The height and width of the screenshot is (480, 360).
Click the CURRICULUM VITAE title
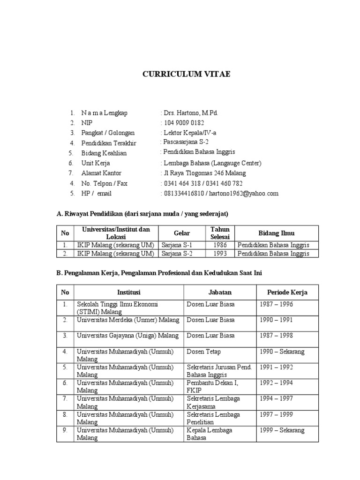pos(187,74)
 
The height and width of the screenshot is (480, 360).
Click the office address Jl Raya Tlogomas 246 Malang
pos(204,173)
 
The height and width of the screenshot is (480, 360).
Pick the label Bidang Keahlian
pos(104,153)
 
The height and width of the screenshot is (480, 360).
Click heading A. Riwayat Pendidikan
pos(142,214)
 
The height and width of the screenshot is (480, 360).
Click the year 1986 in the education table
pos(219,245)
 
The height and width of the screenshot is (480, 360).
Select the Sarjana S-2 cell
pos(177,254)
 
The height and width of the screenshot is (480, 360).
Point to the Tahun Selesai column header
pos(219,233)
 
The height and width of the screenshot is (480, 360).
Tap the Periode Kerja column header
pos(287,292)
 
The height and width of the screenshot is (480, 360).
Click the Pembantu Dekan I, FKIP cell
pos(212,386)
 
